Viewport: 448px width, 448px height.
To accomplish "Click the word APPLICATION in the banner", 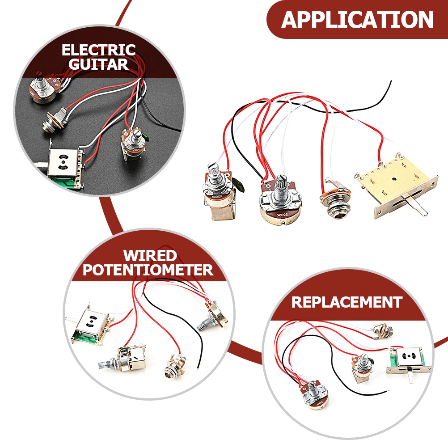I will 357,20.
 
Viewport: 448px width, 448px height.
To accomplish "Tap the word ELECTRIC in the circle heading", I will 98,50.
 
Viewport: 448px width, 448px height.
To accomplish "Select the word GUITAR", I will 98,64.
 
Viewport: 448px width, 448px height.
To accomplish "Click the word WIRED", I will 150,256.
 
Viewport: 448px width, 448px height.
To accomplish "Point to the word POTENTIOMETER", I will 148,270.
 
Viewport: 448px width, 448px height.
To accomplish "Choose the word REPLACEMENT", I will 347,302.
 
